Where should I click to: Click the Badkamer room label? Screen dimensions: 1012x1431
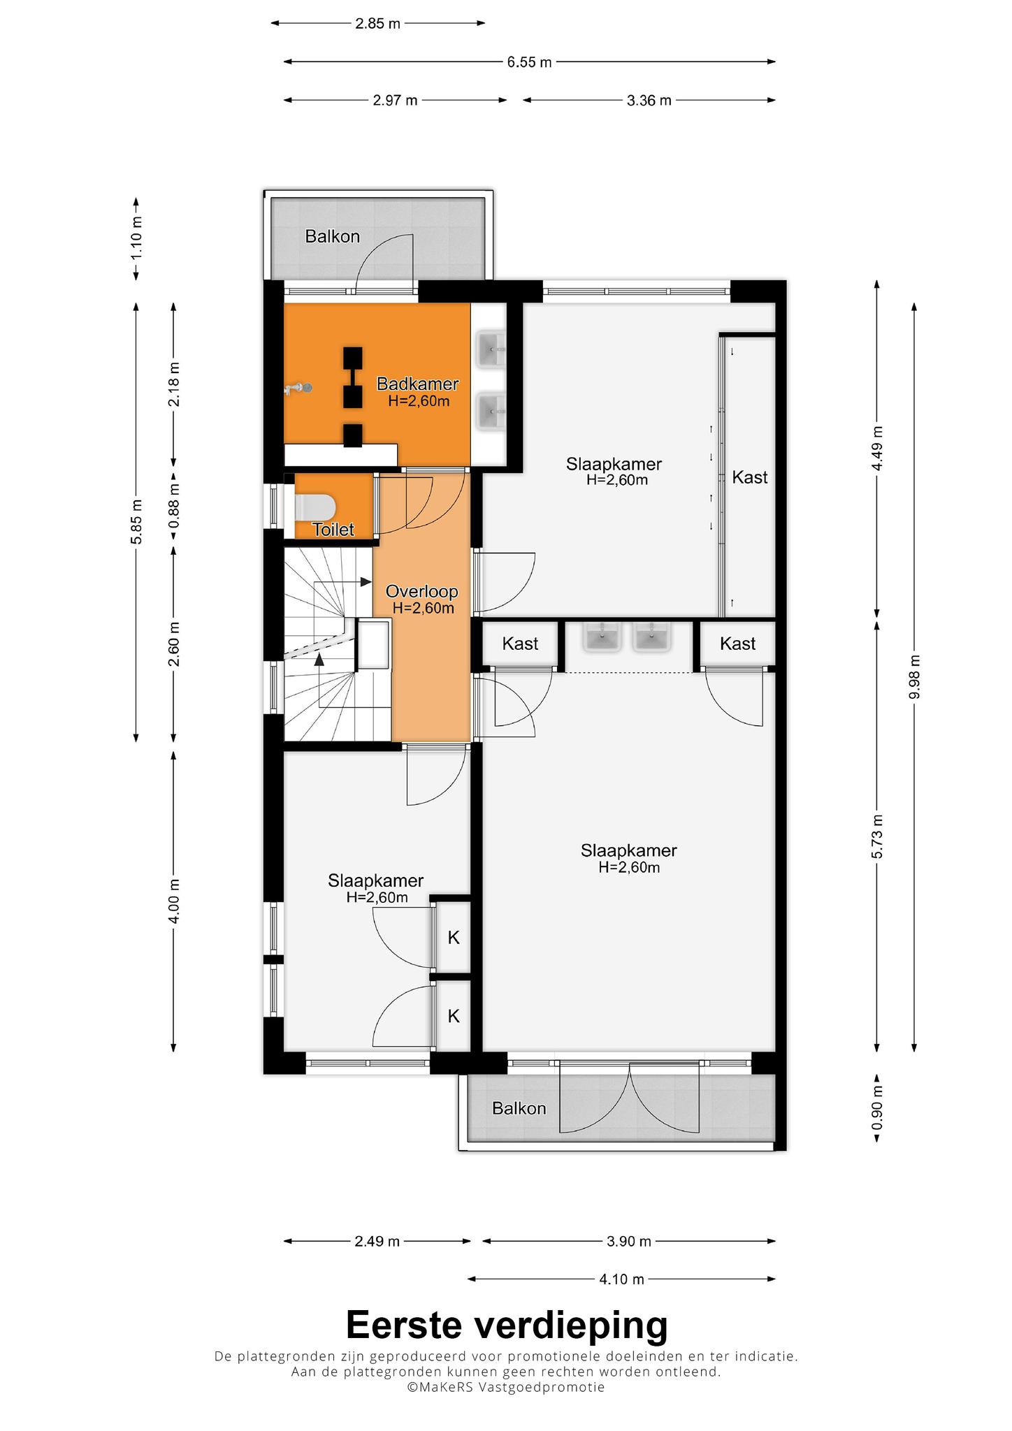point(417,384)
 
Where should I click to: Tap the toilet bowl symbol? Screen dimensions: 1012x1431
point(316,507)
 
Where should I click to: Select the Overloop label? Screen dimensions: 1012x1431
point(422,592)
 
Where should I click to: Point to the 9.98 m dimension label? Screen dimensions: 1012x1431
point(916,676)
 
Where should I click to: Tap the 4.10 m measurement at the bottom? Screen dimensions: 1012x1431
point(622,1279)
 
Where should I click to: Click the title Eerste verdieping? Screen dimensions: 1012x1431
point(507,1324)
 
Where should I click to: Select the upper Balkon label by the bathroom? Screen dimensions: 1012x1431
point(333,236)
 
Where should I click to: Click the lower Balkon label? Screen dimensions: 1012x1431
point(519,1108)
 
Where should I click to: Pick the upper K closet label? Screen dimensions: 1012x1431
point(454,938)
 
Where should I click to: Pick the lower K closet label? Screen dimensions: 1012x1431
point(454,1016)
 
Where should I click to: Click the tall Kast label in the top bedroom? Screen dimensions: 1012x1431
point(750,477)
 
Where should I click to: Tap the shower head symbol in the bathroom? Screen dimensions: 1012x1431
point(299,388)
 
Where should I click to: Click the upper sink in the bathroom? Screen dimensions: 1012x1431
point(491,349)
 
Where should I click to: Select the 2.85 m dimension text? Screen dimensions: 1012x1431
point(377,23)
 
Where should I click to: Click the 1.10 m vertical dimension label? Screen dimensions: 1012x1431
point(137,238)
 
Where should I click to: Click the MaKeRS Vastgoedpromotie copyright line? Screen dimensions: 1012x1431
point(507,1387)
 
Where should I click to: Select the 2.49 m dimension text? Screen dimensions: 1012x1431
point(377,1242)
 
